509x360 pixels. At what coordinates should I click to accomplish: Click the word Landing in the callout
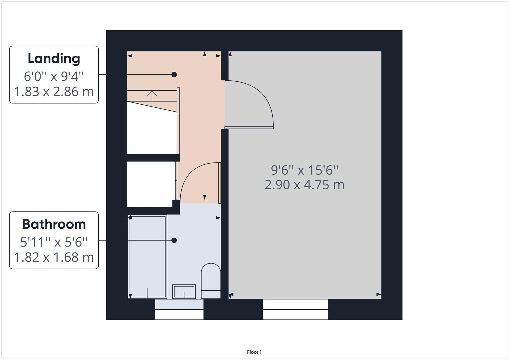click(54, 59)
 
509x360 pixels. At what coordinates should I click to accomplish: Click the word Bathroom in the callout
click(54, 224)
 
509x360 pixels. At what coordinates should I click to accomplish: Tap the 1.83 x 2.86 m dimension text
click(54, 92)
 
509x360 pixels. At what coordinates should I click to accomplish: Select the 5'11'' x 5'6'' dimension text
click(54, 242)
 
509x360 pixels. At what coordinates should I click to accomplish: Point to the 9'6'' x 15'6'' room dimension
click(304, 170)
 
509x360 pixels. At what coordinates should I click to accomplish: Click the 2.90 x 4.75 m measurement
click(304, 185)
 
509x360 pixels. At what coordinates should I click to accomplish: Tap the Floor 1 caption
click(254, 352)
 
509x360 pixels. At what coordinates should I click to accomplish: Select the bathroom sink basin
click(184, 292)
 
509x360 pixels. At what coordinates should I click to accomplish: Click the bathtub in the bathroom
click(147, 257)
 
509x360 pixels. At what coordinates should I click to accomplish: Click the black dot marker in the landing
click(174, 75)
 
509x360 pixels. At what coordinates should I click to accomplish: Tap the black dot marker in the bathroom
click(174, 240)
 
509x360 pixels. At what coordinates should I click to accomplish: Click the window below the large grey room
click(295, 310)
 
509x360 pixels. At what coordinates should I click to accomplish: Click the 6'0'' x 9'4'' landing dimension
click(54, 76)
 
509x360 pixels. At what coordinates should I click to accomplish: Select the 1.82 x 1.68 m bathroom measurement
click(54, 257)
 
